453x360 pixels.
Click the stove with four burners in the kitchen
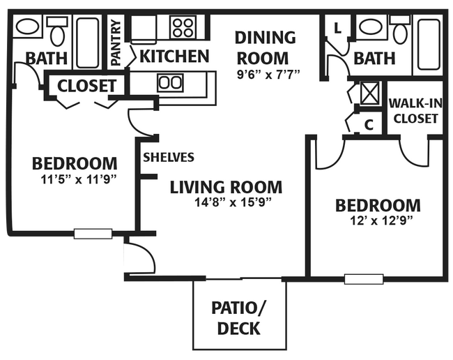182,27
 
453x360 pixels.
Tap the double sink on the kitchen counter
171,83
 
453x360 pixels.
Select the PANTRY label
116,43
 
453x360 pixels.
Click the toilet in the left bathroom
57,31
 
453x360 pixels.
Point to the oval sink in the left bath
28,27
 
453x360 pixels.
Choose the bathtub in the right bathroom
429,45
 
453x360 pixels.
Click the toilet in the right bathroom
400,29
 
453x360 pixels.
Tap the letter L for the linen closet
337,28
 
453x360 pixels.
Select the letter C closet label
369,125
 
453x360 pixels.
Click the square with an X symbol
370,93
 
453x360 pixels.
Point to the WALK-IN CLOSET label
415,111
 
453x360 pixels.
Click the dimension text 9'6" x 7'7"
268,75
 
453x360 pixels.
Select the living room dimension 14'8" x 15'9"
233,202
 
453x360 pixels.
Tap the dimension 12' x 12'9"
381,221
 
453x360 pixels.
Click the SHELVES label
169,157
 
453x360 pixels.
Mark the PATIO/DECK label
238,317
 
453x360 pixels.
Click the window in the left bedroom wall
93,234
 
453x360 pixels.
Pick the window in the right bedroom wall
364,279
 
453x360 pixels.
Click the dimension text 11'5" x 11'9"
79,180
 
